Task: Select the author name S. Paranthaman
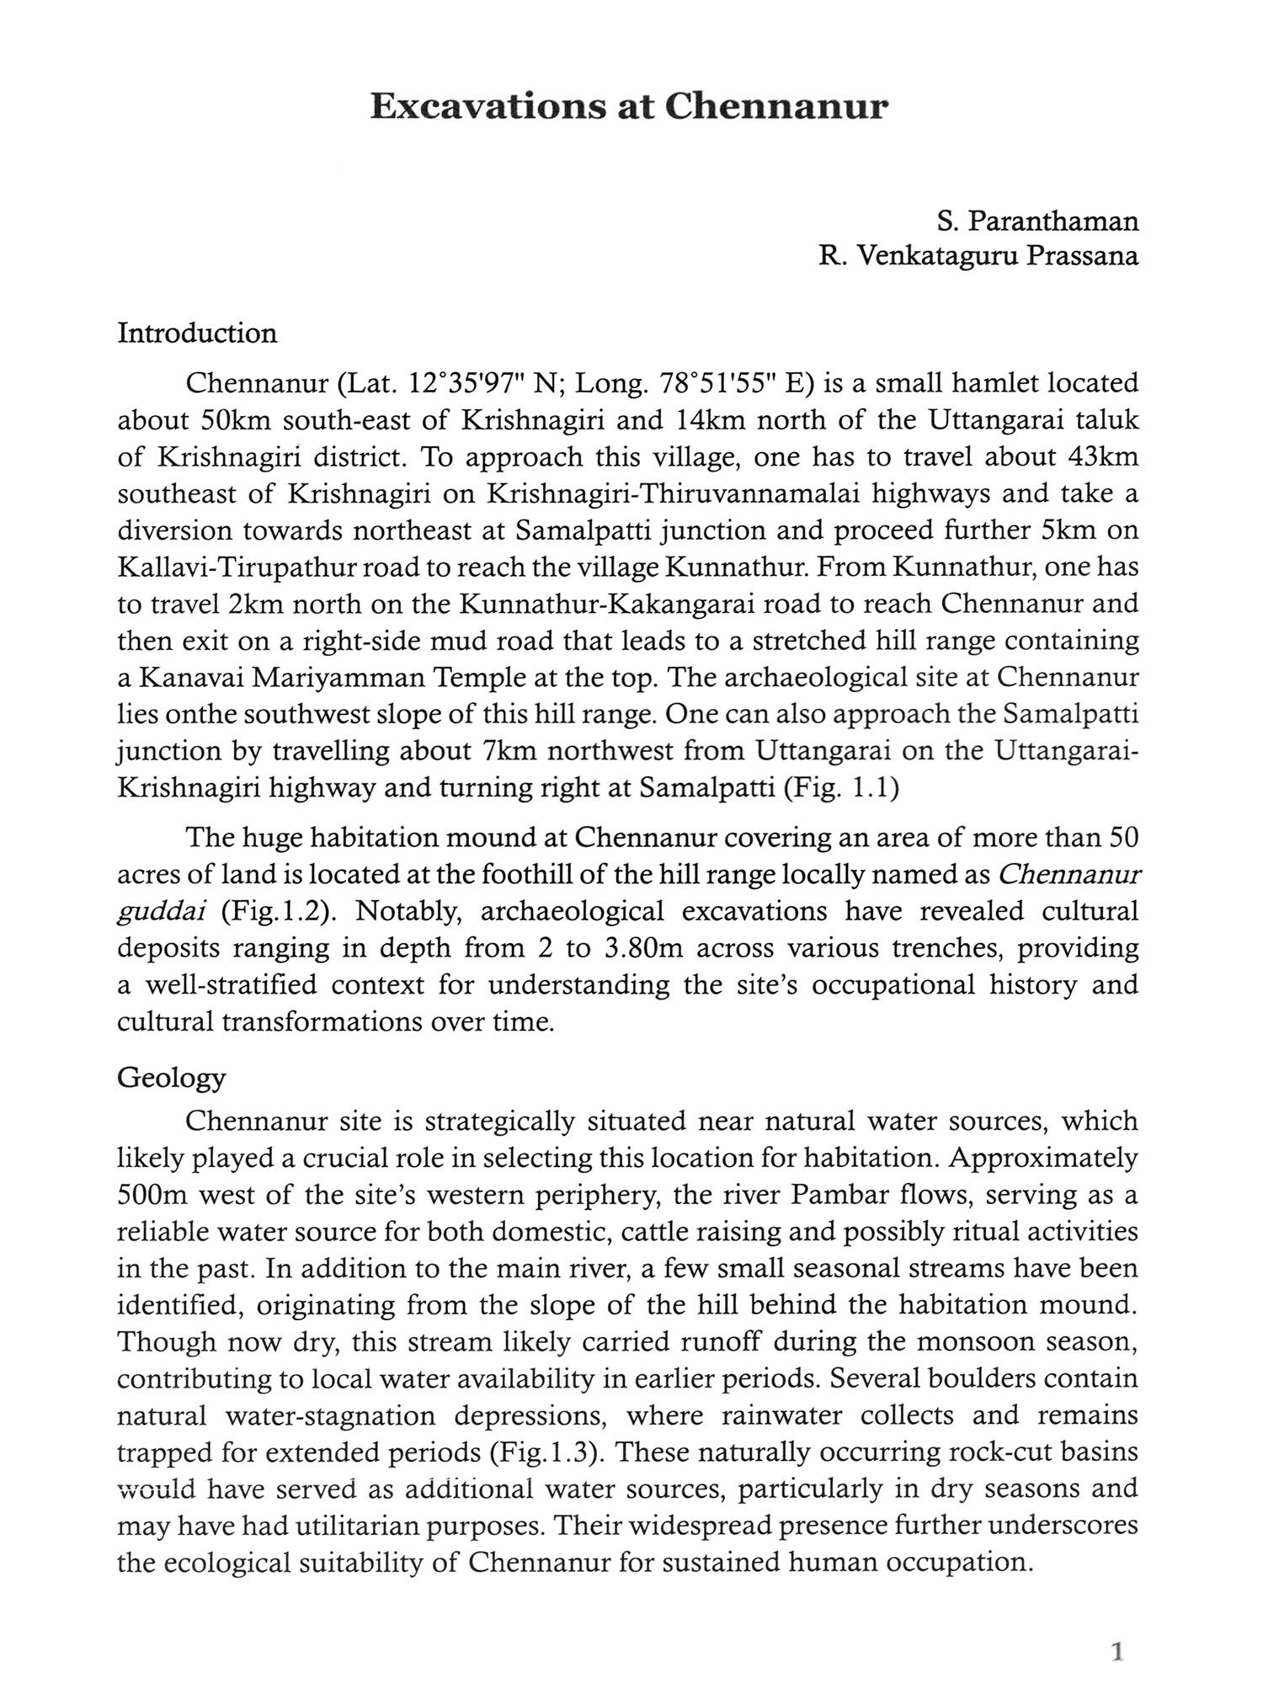[x=1037, y=221]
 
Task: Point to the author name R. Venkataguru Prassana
[x=978, y=256]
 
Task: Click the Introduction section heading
[x=197, y=333]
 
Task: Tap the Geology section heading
[x=172, y=1078]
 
